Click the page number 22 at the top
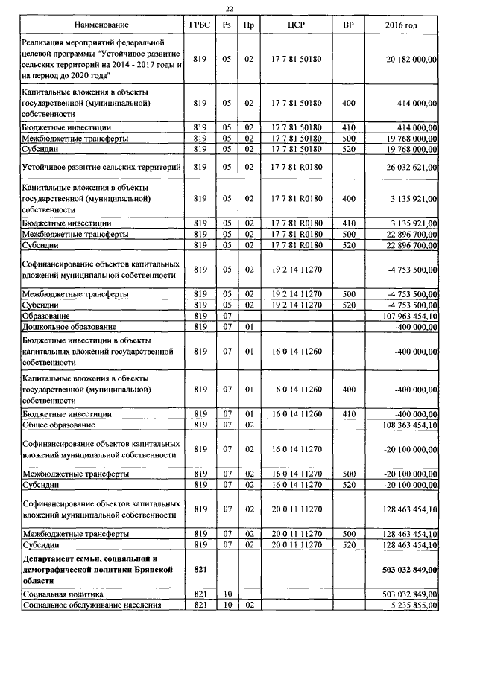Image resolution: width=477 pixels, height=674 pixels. coord(231,9)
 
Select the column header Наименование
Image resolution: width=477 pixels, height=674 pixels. coord(102,26)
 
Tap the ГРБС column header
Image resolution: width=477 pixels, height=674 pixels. coord(199,26)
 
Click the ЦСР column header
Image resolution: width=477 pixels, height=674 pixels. coord(296,26)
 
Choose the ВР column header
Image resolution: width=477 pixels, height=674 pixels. coord(348,26)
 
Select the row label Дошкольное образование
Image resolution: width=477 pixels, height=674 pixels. coord(68,326)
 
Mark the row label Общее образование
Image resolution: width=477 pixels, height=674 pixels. coord(59,425)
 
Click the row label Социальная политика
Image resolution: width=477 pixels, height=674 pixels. coord(63,595)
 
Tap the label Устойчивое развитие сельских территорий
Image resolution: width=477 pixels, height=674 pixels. coord(101,168)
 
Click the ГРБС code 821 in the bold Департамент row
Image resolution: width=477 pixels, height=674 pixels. coord(199,570)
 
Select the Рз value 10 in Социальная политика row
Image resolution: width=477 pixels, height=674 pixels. coord(228,595)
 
